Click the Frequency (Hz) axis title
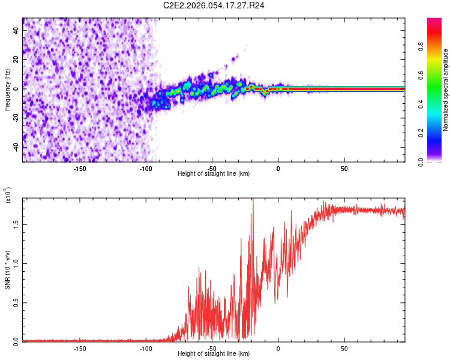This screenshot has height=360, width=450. pyautogui.click(x=8, y=90)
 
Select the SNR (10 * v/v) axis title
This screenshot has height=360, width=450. pyautogui.click(x=8, y=269)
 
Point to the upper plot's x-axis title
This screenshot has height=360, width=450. pyautogui.click(x=214, y=173)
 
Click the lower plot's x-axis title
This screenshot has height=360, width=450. pyautogui.click(x=214, y=353)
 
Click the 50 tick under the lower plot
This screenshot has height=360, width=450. pyautogui.click(x=344, y=348)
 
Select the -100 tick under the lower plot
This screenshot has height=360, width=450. pyautogui.click(x=146, y=348)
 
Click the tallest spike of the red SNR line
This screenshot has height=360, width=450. pyautogui.click(x=253, y=199)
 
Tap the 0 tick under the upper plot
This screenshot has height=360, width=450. pyautogui.click(x=278, y=168)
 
